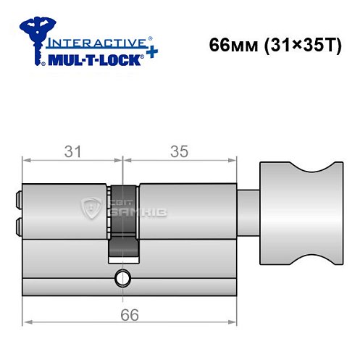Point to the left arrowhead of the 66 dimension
(26, 324)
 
